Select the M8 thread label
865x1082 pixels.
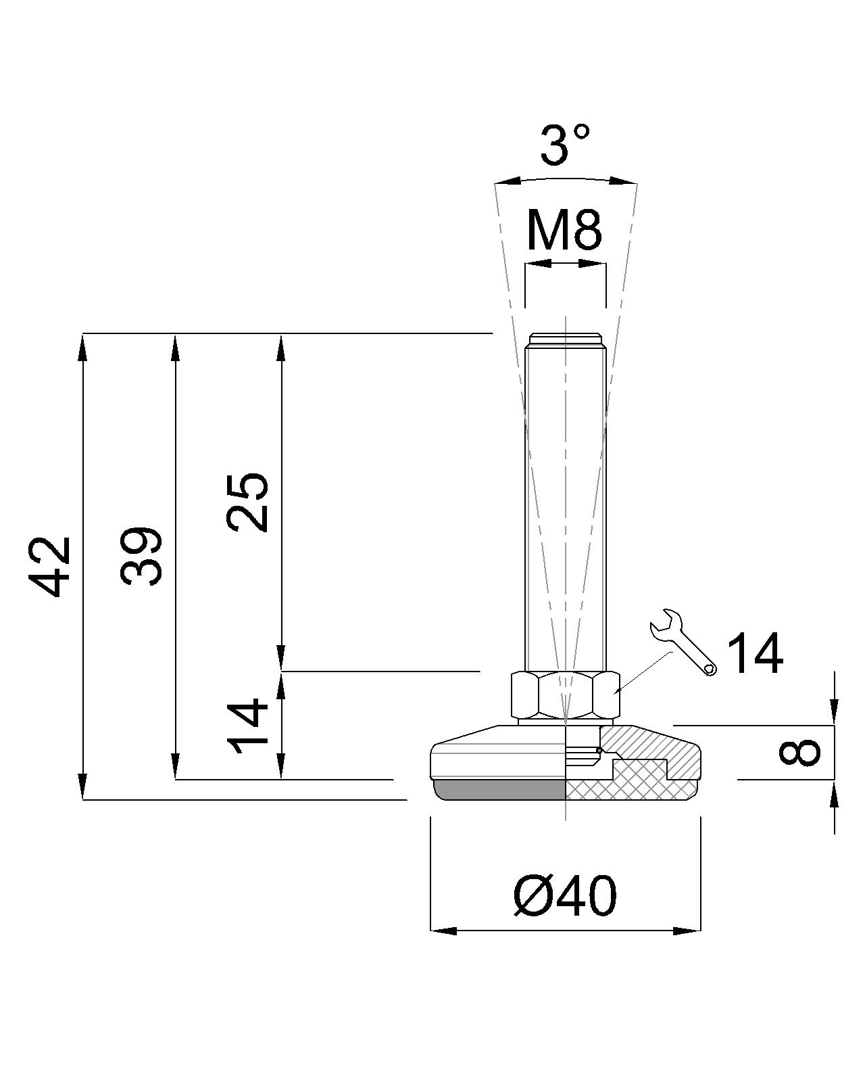(564, 231)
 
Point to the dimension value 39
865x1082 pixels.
(141, 556)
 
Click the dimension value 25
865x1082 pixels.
(247, 502)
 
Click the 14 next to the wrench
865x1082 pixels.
(755, 654)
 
